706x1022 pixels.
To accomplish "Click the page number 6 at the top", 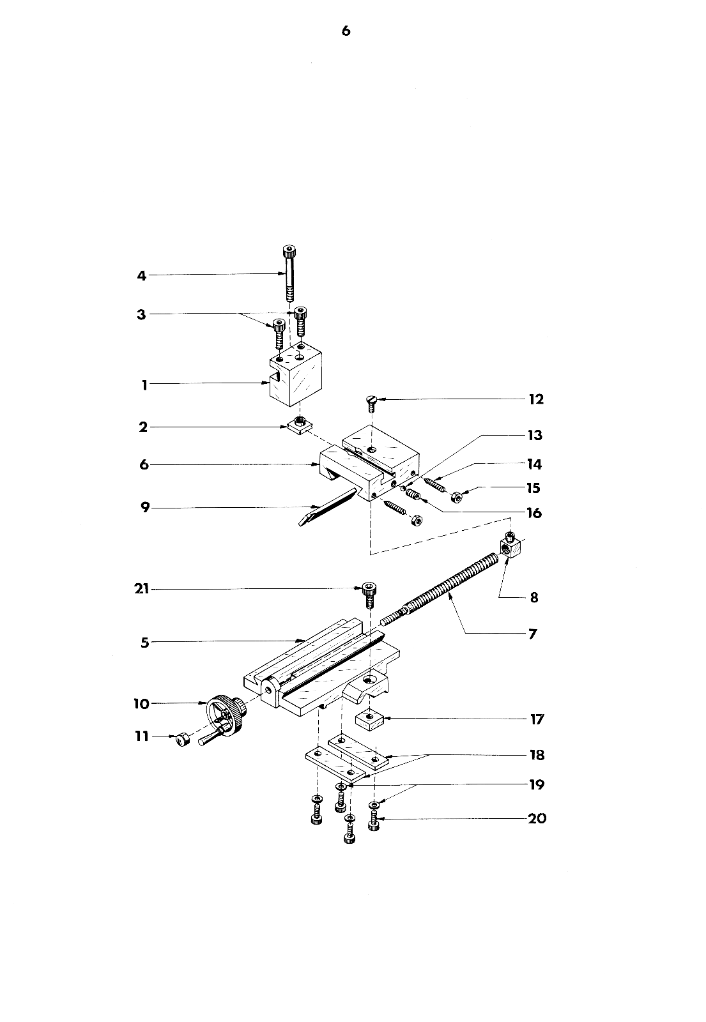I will [346, 31].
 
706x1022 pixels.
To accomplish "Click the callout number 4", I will [142, 276].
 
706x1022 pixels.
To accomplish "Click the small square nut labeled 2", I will [298, 425].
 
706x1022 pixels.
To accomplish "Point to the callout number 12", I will [535, 400].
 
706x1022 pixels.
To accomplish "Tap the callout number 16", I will [534, 513].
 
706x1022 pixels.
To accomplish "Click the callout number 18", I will [537, 755].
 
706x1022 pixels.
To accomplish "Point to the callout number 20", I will [537, 818].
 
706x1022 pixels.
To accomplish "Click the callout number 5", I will [144, 643].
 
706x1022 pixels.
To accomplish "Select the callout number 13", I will [534, 436].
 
